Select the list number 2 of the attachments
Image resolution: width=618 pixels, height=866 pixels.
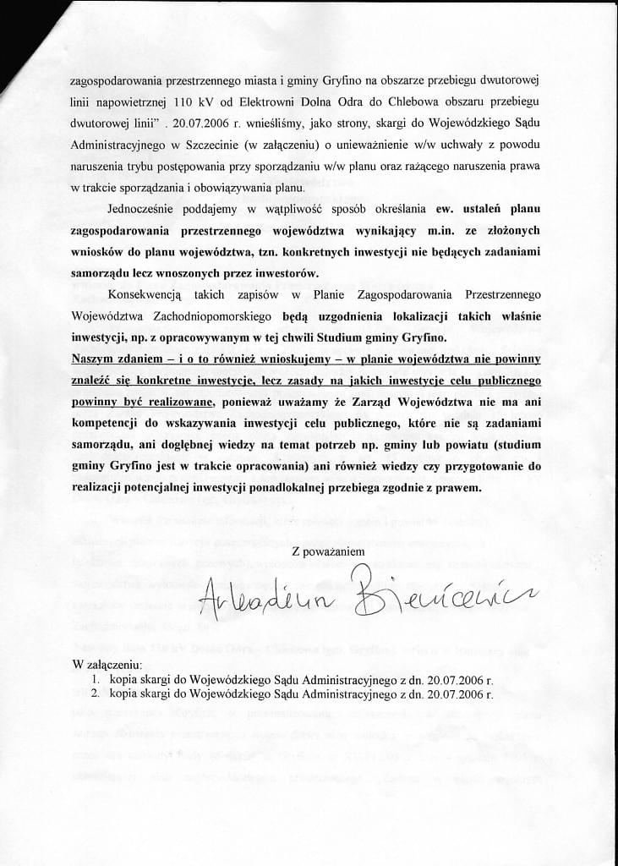(96, 693)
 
